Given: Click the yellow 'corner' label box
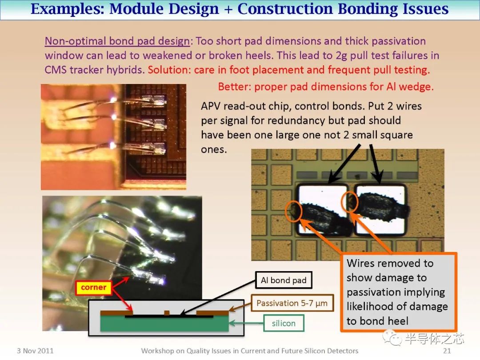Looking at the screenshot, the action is tap(93, 288).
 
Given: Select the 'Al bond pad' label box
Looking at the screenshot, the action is tap(284, 280).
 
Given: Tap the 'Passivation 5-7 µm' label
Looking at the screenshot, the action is tap(292, 303).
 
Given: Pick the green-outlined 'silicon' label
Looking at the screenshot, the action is tap(284, 323).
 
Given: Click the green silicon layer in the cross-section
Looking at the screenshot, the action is tap(164, 324).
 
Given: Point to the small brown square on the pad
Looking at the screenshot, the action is tap(167, 313).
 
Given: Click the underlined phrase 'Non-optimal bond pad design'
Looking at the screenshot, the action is tap(117, 41).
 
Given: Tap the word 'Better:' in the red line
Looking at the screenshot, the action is tap(235, 87).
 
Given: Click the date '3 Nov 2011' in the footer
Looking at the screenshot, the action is tap(35, 351).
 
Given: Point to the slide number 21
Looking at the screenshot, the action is tap(447, 351).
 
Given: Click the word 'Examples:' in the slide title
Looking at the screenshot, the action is tap(68, 8).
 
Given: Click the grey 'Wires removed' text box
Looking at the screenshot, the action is tap(399, 292).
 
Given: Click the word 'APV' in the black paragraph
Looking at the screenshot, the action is tap(211, 106).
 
